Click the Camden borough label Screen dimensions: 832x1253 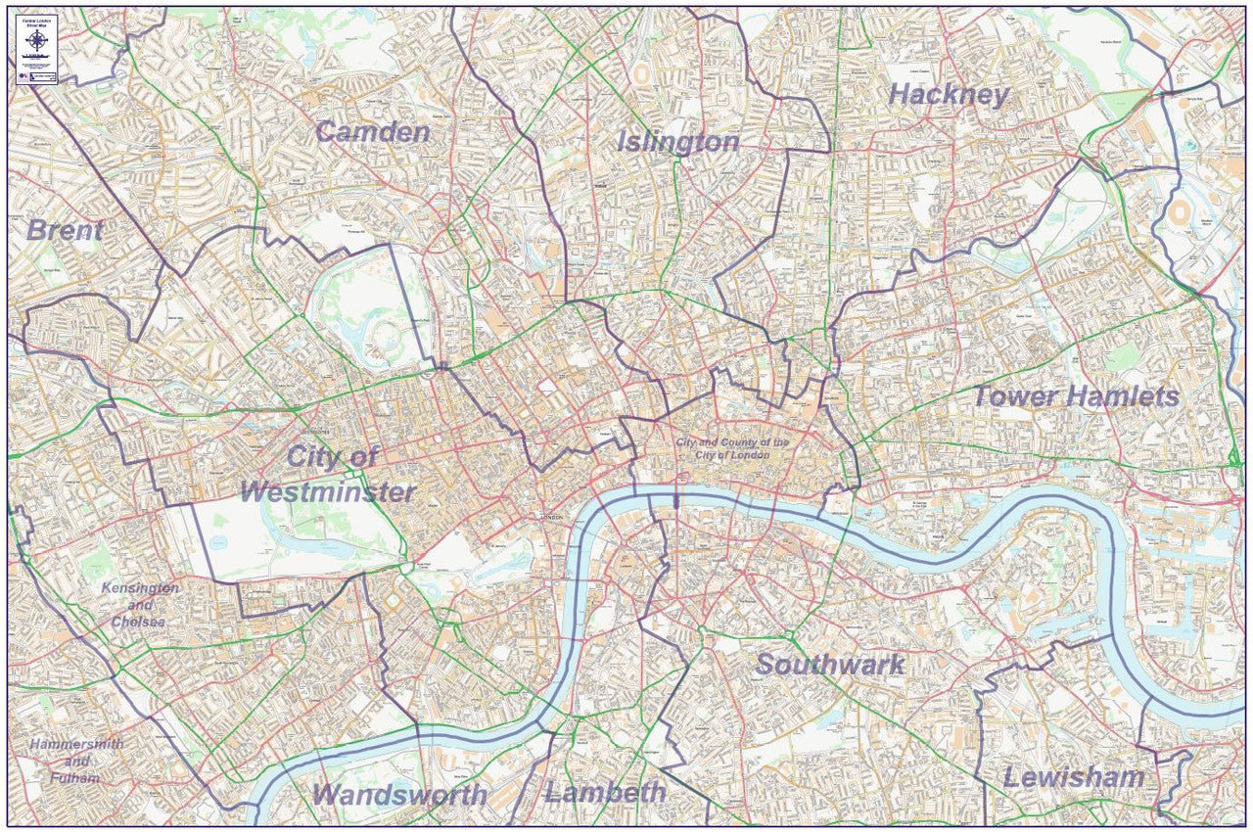(372, 132)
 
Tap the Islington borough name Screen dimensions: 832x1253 (677, 142)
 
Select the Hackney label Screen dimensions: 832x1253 (948, 95)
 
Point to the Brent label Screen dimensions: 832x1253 (65, 231)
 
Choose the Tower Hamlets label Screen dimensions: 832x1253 (1075, 396)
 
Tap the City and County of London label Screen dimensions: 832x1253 (732, 449)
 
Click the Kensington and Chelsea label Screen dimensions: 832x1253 (140, 605)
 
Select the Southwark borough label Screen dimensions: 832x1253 (830, 665)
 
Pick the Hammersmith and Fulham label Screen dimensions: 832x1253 (77, 761)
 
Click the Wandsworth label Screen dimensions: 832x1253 (400, 795)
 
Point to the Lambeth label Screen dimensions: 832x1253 (605, 792)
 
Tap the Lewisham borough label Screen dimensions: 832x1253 (1073, 778)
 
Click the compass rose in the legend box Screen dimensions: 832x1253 (37, 40)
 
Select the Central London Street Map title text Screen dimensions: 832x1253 (37, 21)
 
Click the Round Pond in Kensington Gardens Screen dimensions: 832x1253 (217, 541)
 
